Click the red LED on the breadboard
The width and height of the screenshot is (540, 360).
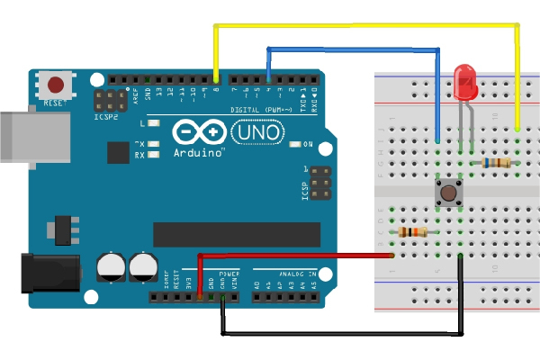pyautogui.click(x=466, y=83)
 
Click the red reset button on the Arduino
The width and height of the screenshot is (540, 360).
pyautogui.click(x=56, y=85)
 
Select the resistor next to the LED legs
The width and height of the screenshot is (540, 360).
pyautogui.click(x=496, y=163)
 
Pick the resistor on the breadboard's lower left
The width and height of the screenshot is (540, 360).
pyautogui.click(x=413, y=232)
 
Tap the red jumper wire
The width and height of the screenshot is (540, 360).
pyautogui.click(x=297, y=256)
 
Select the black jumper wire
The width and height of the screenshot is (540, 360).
pyautogui.click(x=342, y=334)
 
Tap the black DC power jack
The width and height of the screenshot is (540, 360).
pyautogui.click(x=49, y=271)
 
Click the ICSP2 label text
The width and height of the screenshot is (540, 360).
pyautogui.click(x=105, y=117)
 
